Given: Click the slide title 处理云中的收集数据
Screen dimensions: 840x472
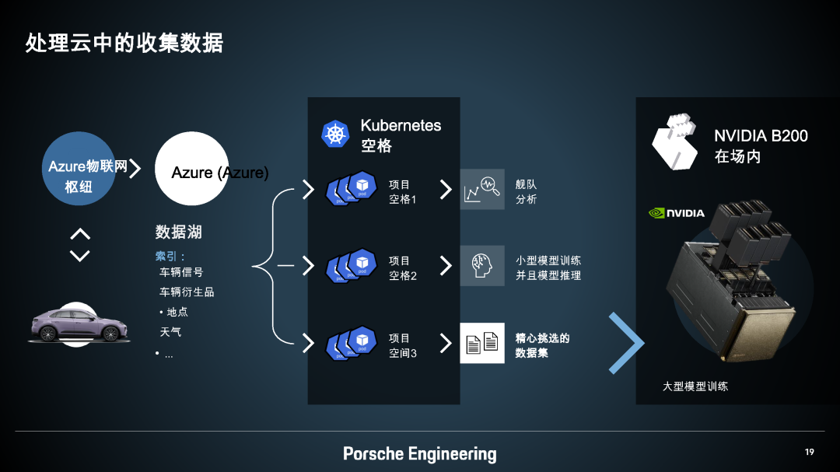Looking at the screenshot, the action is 124,43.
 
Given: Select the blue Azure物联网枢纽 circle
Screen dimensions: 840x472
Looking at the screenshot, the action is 79,168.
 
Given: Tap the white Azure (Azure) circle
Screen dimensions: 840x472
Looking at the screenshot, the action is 192,168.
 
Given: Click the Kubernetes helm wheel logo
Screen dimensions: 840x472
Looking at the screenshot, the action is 335,134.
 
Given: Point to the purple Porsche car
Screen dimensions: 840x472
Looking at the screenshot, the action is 79,325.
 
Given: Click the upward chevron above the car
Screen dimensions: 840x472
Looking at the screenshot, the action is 80,234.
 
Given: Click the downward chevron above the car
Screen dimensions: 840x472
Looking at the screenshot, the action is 80,256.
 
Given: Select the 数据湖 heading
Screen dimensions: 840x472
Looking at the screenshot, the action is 178,232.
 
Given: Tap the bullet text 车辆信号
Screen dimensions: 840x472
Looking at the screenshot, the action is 181,272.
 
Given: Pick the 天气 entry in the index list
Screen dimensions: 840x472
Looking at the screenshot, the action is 170,332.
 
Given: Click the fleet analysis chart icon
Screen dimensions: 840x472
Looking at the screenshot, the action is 482,189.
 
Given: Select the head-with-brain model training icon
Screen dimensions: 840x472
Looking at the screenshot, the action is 482,266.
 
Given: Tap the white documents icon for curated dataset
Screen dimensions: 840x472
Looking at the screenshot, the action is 482,343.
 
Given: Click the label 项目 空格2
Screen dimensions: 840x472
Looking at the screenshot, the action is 403,267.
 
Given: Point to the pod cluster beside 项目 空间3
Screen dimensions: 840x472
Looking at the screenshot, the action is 352,343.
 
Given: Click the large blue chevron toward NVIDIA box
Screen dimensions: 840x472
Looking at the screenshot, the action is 626,343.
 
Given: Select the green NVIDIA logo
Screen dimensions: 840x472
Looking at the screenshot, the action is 677,213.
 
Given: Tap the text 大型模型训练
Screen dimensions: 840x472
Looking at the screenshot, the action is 695,386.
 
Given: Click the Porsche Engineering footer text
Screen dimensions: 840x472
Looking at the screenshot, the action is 420,454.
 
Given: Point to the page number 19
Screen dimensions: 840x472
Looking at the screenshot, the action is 810,453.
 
